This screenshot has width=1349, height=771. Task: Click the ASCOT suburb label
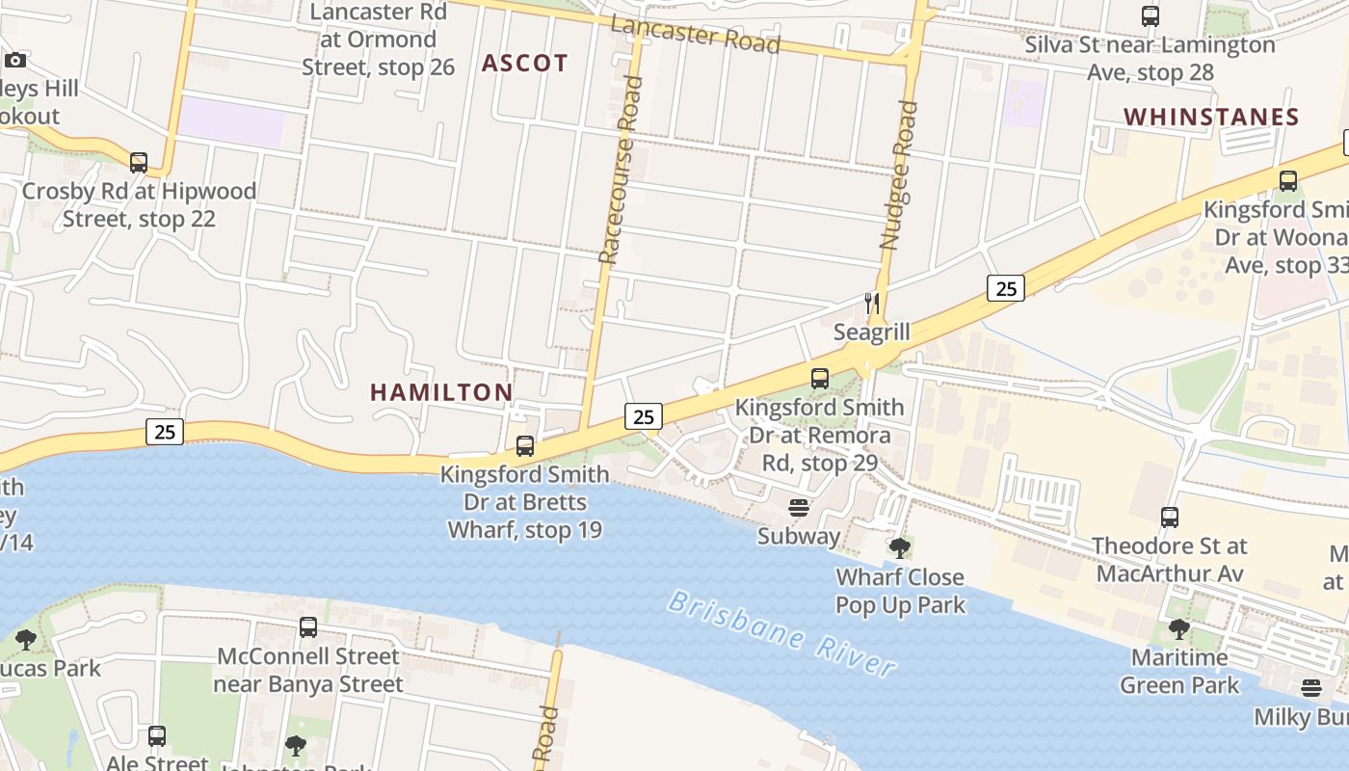(525, 64)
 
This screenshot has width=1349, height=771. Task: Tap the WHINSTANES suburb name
(1211, 118)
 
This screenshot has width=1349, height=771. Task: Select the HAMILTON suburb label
(441, 392)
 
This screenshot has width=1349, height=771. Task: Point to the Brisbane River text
(781, 634)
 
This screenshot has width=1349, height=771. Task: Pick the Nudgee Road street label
(898, 175)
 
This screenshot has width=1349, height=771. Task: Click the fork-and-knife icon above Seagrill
(871, 304)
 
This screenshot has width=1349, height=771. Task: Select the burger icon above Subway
(799, 507)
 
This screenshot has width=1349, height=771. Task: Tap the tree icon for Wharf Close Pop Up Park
(900, 548)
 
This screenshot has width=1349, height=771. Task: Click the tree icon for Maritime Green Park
(1178, 629)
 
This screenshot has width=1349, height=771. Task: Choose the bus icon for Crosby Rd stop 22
(139, 162)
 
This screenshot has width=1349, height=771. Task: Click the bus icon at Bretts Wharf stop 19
(525, 446)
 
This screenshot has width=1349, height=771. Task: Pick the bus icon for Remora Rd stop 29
(820, 379)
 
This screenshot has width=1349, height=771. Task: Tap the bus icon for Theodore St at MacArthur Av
(1170, 518)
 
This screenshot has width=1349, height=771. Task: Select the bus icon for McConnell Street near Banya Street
(308, 627)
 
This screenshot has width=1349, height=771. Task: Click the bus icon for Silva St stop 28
(1151, 16)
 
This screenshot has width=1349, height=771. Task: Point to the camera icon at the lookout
(15, 61)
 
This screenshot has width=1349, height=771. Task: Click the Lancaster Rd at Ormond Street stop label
(378, 40)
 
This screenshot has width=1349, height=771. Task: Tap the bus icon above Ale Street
(157, 736)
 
